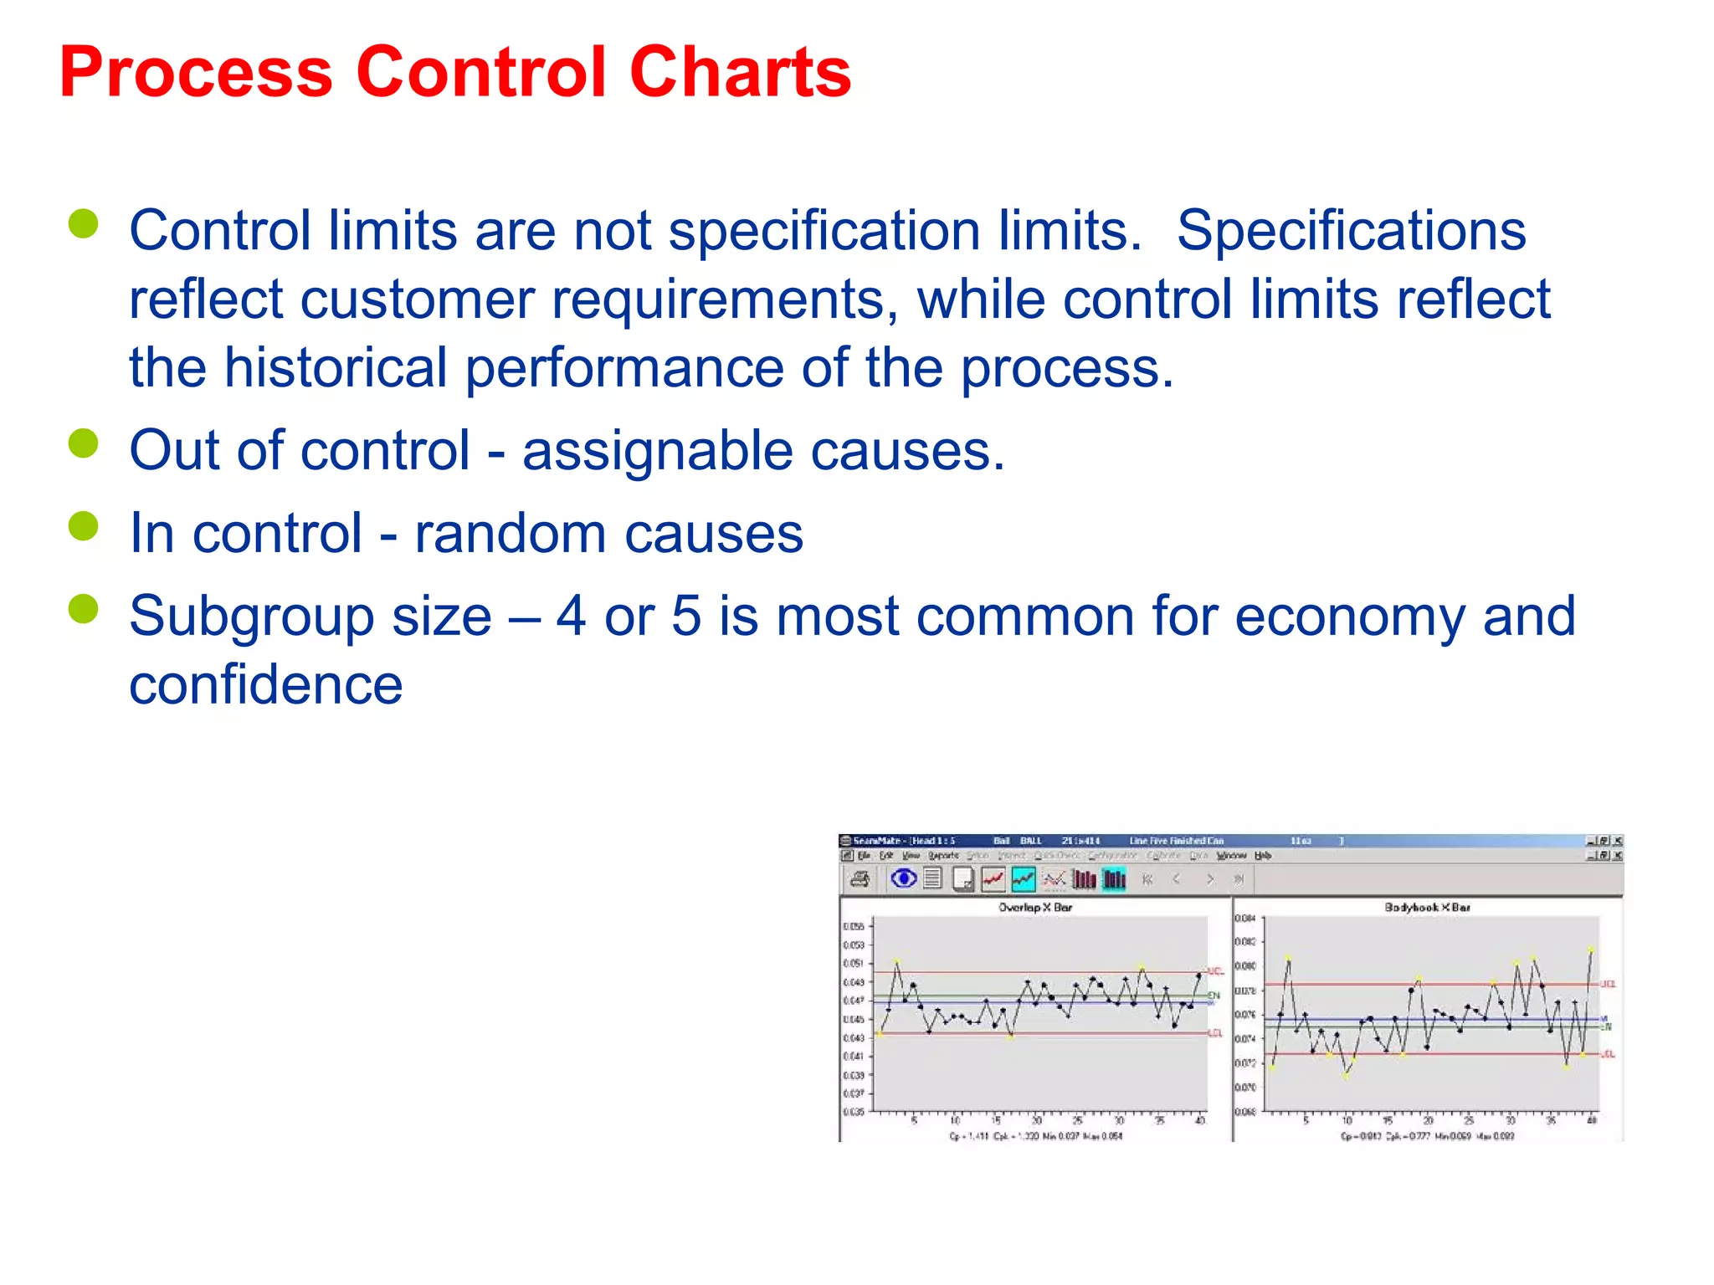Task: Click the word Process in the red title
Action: point(196,74)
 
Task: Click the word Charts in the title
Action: point(740,74)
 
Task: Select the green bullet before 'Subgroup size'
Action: point(84,609)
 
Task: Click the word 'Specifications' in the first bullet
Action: point(1351,231)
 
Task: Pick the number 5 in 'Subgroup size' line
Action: point(685,617)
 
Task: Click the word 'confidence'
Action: point(266,685)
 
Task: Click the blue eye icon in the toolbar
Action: point(903,878)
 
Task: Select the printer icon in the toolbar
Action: point(860,878)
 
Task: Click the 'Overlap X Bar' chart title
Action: point(1035,907)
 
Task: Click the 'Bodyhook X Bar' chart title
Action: point(1427,907)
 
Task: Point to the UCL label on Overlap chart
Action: point(1215,971)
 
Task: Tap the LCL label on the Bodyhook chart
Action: point(1608,1054)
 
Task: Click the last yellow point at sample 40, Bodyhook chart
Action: point(1590,950)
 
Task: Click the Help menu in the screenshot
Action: point(1263,856)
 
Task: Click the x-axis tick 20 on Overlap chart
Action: point(1036,1120)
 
